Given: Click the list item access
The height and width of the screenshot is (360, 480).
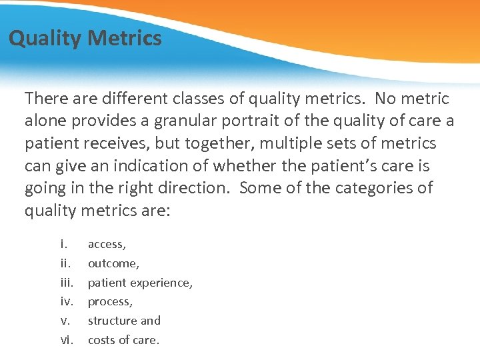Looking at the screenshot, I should point(107,245).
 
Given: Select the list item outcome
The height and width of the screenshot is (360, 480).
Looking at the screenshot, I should point(113,263).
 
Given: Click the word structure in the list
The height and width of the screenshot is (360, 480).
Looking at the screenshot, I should point(112,321).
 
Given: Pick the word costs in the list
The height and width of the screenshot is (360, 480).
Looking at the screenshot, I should point(103,340).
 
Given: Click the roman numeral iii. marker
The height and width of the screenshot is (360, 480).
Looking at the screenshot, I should point(69,283).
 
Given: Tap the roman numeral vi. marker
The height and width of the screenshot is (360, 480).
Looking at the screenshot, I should point(67,340).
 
